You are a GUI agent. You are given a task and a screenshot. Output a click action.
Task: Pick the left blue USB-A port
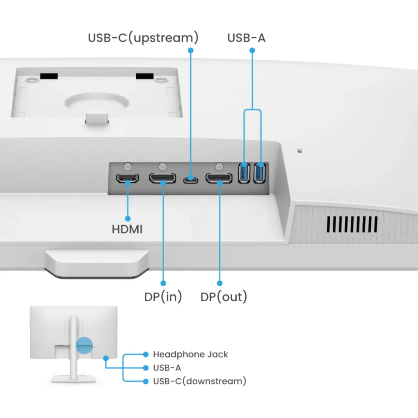point(244,172)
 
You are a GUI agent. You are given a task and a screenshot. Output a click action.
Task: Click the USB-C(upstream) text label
point(143,38)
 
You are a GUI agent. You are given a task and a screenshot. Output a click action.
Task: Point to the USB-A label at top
point(246,38)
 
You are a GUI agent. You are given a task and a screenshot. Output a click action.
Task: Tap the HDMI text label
point(127,229)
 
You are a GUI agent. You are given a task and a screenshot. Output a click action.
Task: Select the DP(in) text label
point(163,297)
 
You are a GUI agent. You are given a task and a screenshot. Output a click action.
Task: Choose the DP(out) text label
point(224,297)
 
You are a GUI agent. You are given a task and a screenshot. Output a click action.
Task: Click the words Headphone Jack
point(190,354)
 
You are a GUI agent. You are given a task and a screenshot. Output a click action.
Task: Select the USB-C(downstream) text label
point(199,381)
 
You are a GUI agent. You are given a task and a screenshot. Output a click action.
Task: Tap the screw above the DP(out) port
point(219,166)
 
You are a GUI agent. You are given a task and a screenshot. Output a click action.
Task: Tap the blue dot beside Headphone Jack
point(145,354)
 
